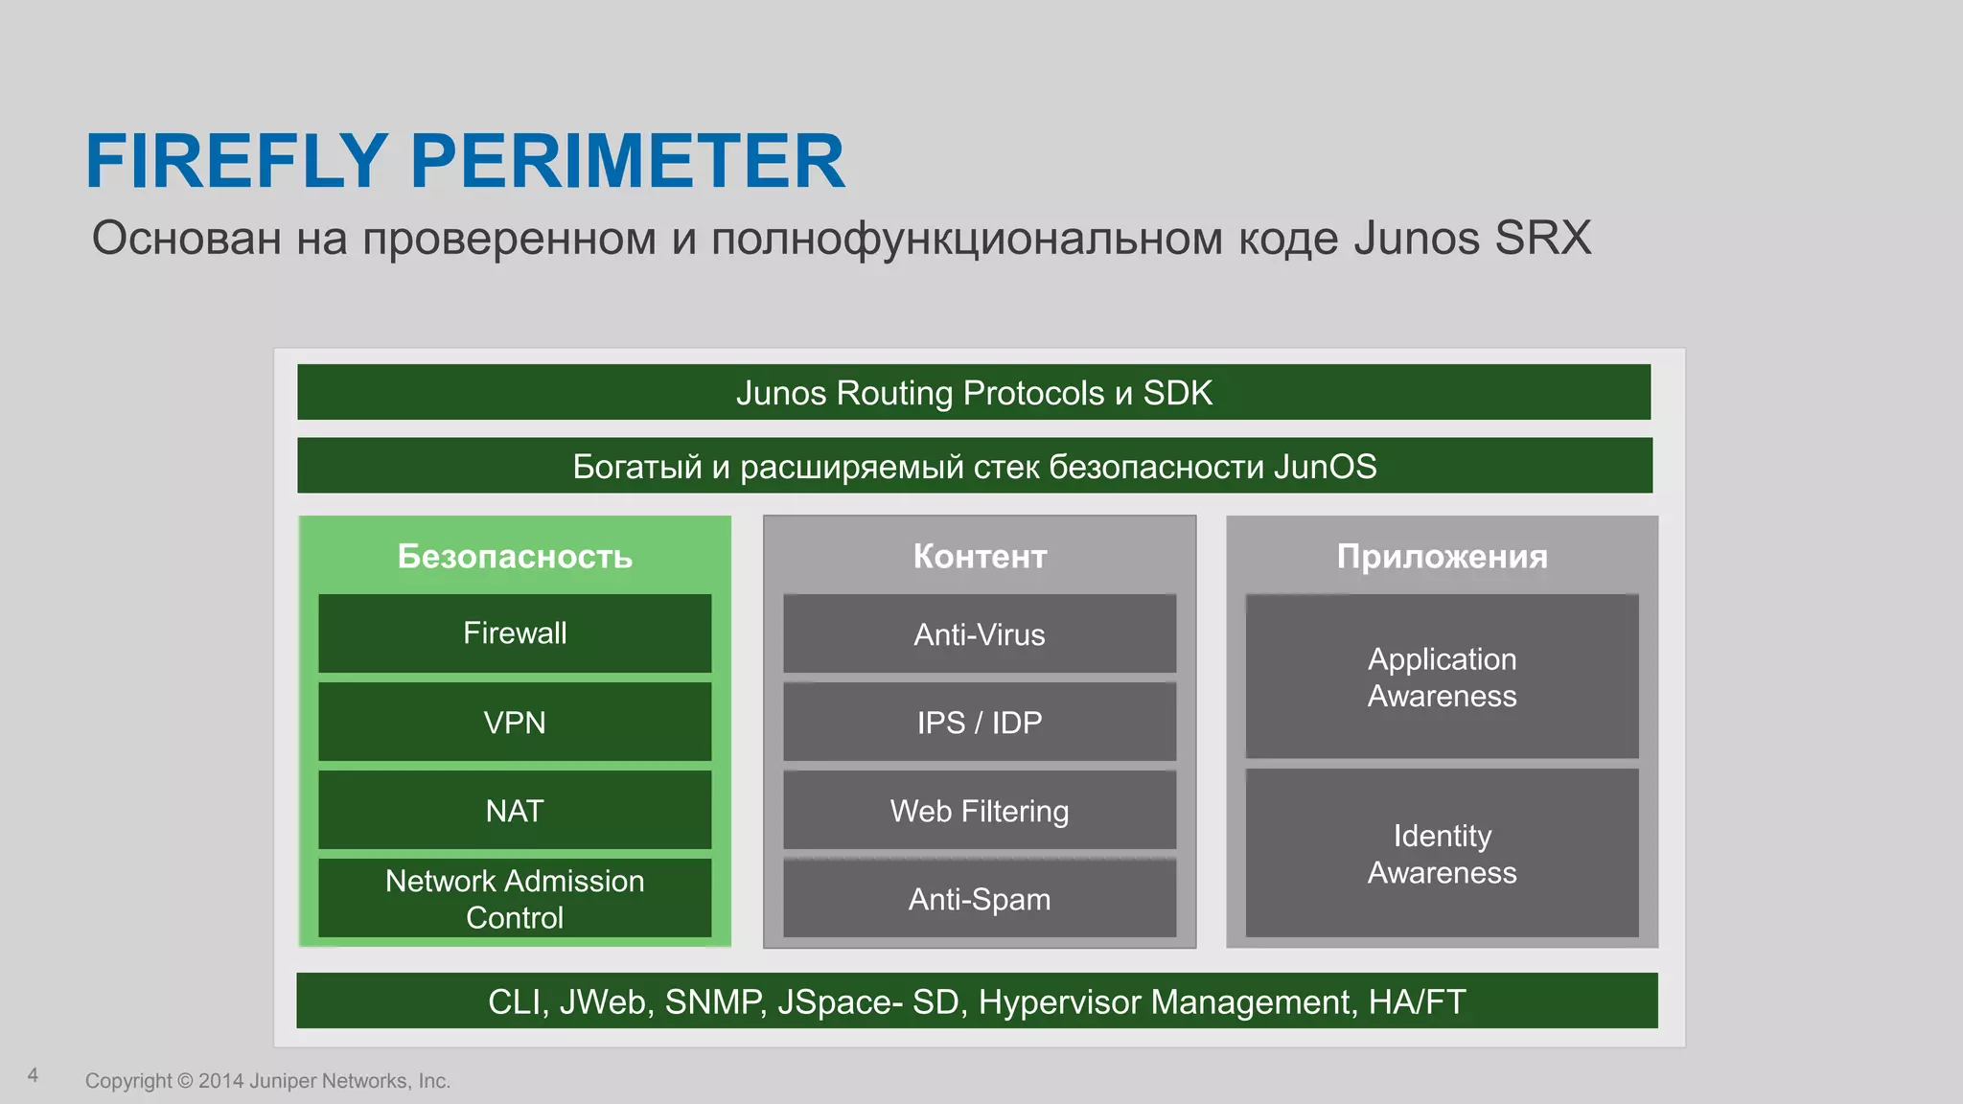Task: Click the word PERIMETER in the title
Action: (x=628, y=161)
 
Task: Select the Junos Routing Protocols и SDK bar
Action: (x=974, y=393)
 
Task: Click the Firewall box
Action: (x=515, y=633)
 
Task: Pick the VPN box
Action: (x=515, y=723)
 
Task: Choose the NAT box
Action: (x=515, y=811)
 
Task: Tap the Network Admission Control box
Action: (x=515, y=899)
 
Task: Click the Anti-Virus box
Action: (x=979, y=634)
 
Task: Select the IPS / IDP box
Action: (x=979, y=723)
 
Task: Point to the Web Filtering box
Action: (x=979, y=811)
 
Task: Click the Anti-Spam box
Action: (x=979, y=899)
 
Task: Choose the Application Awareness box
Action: (x=1442, y=677)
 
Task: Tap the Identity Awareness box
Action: (x=1442, y=853)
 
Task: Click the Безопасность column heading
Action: (x=515, y=557)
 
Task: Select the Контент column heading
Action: (x=979, y=557)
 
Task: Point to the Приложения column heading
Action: (x=1442, y=557)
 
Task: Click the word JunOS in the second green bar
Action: (x=1325, y=467)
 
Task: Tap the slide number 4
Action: (x=33, y=1075)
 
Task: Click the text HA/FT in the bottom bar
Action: (x=1417, y=1002)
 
